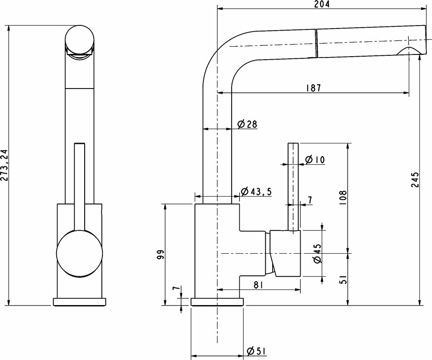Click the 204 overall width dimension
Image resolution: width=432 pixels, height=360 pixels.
click(322, 4)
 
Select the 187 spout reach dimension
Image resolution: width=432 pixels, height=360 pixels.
click(313, 88)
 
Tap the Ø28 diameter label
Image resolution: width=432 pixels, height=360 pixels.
click(248, 124)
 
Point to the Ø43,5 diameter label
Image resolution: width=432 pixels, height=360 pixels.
click(256, 192)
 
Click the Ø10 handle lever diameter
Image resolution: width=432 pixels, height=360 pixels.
click(314, 160)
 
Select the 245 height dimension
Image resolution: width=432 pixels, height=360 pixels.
click(415, 180)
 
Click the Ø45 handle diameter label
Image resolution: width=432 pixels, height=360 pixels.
click(318, 254)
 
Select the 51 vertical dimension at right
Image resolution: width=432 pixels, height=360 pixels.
click(343, 280)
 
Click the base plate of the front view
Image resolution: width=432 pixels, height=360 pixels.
click(79, 302)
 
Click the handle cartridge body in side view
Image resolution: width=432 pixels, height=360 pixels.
click(285, 253)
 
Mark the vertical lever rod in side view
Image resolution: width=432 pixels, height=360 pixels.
click(293, 186)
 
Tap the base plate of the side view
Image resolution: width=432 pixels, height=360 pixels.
click(217, 302)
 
